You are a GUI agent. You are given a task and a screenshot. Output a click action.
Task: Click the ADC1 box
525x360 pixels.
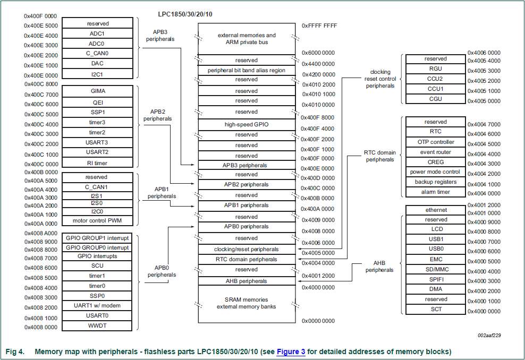[97, 33]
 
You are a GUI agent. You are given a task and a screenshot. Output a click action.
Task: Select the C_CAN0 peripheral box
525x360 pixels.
[97, 53]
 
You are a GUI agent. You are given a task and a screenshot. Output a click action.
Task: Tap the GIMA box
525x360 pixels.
[97, 91]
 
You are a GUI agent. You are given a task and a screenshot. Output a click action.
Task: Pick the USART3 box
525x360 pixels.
[97, 142]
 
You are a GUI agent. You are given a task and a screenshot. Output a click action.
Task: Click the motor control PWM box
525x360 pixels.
[97, 220]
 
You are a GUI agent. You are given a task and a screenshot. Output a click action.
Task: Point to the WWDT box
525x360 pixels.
[97, 325]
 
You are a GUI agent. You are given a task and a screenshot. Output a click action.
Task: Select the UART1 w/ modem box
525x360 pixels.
[97, 305]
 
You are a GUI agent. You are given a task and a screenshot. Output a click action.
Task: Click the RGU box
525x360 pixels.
[435, 68]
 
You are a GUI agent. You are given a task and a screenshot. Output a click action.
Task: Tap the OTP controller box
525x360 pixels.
[435, 142]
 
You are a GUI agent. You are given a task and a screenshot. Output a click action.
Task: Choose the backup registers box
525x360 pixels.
[435, 182]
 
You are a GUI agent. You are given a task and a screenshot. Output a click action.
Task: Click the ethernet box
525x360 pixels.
[435, 210]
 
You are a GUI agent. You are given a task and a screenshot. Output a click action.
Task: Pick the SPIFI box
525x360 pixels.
[435, 279]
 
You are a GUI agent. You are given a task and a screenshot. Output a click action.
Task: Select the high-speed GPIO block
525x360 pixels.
[246, 124]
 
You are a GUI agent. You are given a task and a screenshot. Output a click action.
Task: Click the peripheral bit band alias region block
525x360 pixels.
[246, 70]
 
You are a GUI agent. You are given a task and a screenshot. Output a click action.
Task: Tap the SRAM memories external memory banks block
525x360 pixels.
[246, 303]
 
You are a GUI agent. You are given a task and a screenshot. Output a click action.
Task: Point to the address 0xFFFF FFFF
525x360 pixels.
[319, 25]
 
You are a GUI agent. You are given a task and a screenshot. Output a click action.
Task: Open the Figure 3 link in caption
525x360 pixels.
[291, 352]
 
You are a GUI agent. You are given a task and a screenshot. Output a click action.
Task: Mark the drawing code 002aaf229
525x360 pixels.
[489, 335]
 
